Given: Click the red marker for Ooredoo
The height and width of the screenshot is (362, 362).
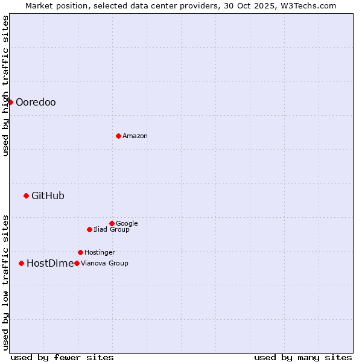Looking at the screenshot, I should click(x=10, y=102).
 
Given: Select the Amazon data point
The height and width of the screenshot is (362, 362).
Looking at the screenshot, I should click(x=118, y=136).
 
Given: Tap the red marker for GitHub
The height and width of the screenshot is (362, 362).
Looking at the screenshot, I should click(x=26, y=195).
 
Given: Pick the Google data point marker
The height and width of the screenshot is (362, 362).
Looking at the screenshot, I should click(x=112, y=223).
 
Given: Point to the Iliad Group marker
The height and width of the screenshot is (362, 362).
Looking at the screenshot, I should click(x=89, y=229).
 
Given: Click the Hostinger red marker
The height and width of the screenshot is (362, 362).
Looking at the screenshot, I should click(x=80, y=252).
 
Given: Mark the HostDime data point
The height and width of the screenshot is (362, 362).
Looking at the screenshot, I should click(x=21, y=263).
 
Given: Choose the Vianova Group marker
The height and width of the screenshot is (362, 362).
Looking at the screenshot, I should click(x=77, y=263).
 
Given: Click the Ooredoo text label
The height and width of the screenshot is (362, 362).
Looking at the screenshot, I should click(x=36, y=102).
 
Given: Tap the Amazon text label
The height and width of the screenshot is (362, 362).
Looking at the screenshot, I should click(x=135, y=136).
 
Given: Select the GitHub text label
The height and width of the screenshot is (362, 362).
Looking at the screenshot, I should click(x=48, y=195).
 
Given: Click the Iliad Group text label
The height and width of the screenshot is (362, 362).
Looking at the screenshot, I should click(x=112, y=229).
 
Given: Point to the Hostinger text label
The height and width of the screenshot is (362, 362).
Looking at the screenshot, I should click(x=100, y=252).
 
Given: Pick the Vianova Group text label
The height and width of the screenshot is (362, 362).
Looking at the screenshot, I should click(x=104, y=263).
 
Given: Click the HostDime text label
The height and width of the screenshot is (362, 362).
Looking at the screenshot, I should click(x=50, y=263).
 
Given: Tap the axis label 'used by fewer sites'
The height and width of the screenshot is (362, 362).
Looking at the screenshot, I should click(x=62, y=357).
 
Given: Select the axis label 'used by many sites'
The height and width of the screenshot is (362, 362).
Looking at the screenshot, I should click(x=303, y=357).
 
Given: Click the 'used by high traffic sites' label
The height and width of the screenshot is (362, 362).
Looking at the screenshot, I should click(x=5, y=86).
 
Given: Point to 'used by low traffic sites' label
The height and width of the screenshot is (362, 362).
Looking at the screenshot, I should click(x=5, y=282).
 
